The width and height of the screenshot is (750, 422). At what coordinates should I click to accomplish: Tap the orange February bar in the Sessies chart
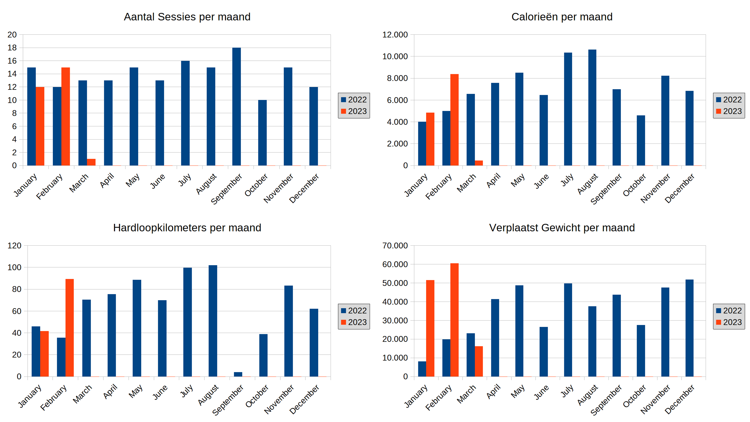(65, 117)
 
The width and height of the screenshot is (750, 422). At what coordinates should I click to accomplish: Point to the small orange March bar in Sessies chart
(91, 162)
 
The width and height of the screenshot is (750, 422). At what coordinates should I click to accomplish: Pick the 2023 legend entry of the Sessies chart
(354, 111)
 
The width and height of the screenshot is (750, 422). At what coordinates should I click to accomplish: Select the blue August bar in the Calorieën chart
(592, 108)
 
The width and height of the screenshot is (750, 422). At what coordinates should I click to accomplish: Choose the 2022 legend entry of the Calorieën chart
(729, 100)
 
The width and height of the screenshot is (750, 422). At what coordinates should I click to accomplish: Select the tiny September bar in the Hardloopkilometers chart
(238, 374)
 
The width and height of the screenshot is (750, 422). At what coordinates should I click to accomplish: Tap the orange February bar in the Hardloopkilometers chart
(70, 328)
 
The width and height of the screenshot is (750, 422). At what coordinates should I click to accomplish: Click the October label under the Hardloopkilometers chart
(257, 396)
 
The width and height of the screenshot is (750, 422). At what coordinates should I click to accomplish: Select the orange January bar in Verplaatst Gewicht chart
(430, 328)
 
